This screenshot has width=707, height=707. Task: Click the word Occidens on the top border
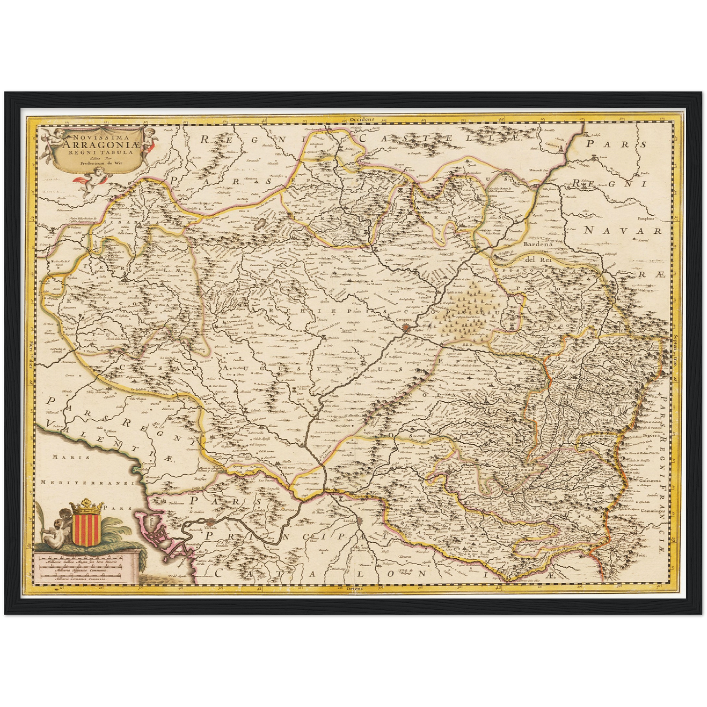pos(362,119)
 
